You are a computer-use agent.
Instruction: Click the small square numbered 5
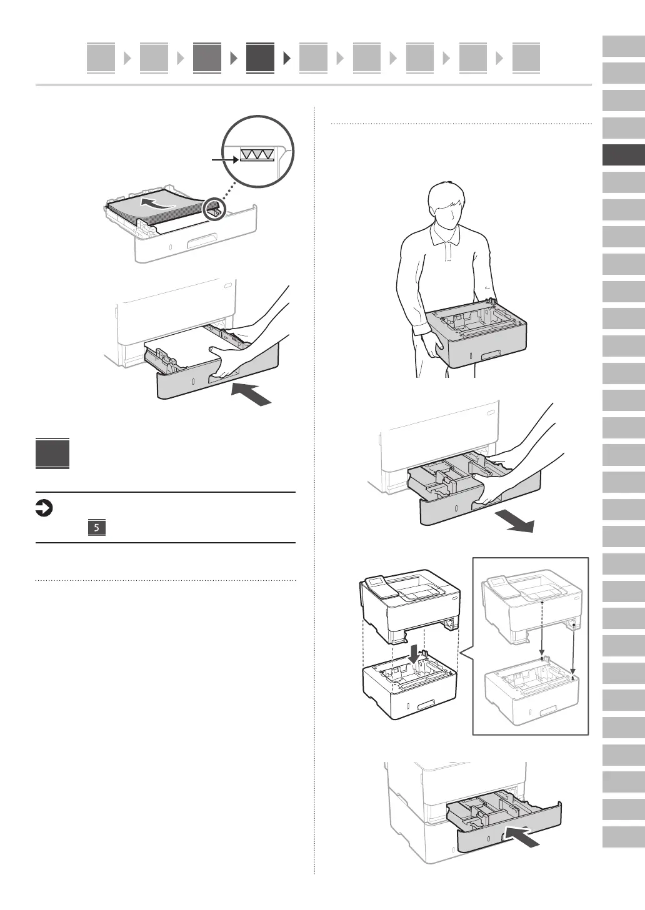coord(96,528)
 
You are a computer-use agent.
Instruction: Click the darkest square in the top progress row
coord(260,58)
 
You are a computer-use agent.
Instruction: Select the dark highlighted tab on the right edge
coord(623,155)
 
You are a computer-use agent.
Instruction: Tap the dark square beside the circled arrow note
coord(52,453)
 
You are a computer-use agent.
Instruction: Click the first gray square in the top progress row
coord(101,58)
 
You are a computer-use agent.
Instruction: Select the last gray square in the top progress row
coord(526,58)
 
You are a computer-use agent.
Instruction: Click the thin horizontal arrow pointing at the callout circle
coord(225,160)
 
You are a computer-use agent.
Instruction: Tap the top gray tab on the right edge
coord(623,47)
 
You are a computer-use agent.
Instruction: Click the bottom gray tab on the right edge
coord(623,836)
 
